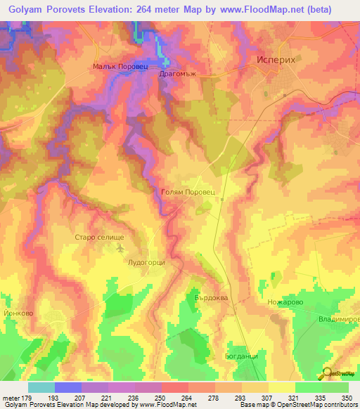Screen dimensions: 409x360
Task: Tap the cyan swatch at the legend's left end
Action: tap(41, 387)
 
